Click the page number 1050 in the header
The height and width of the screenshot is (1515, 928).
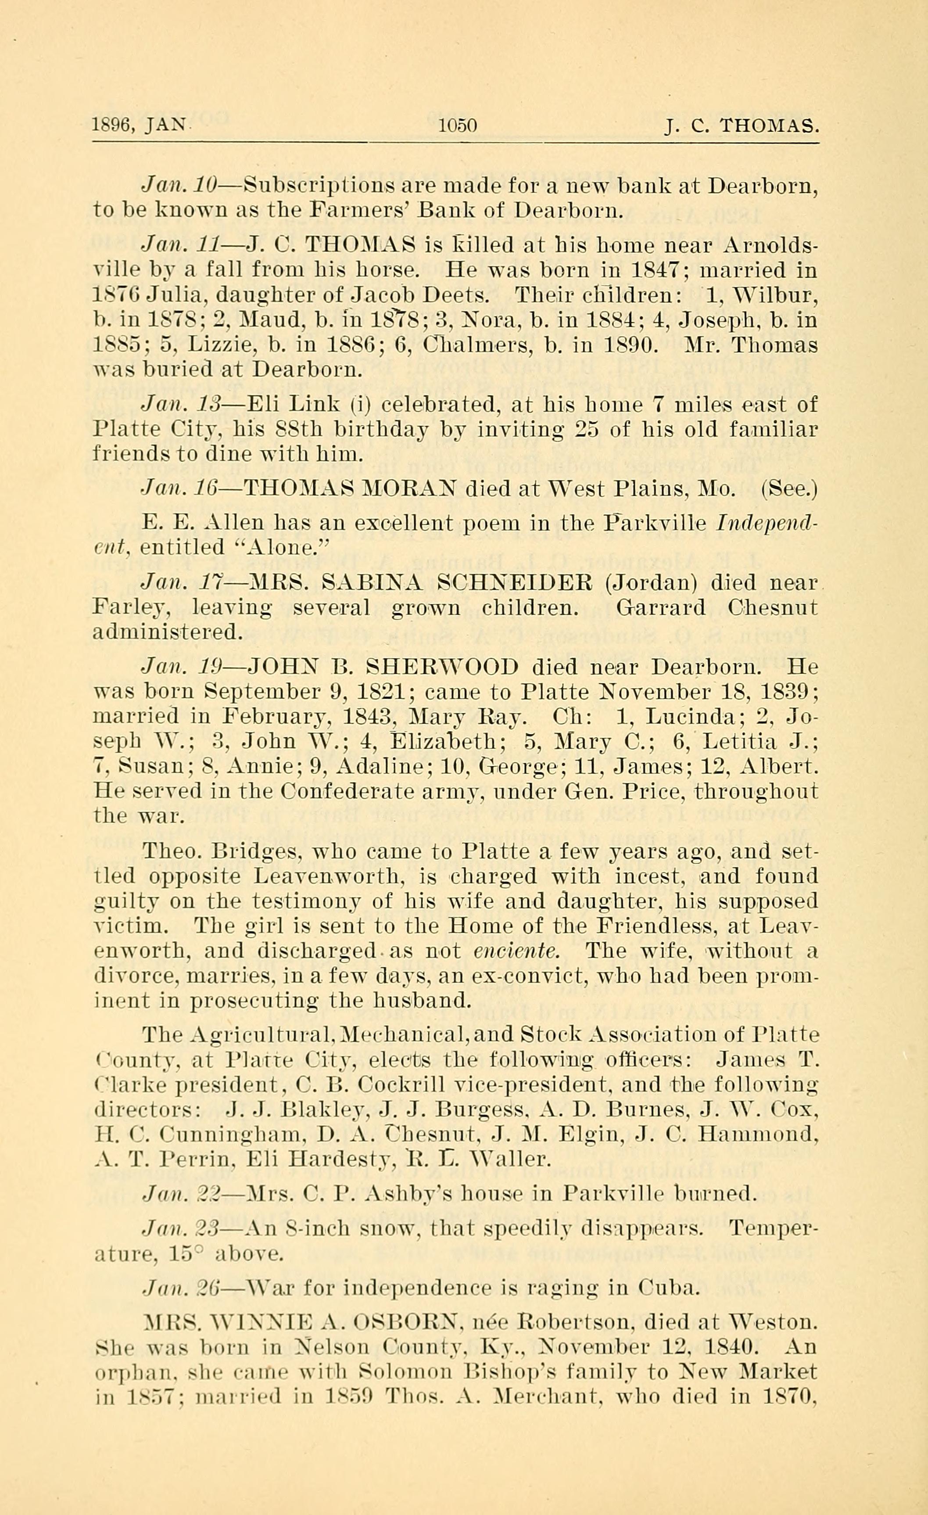[x=458, y=126]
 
